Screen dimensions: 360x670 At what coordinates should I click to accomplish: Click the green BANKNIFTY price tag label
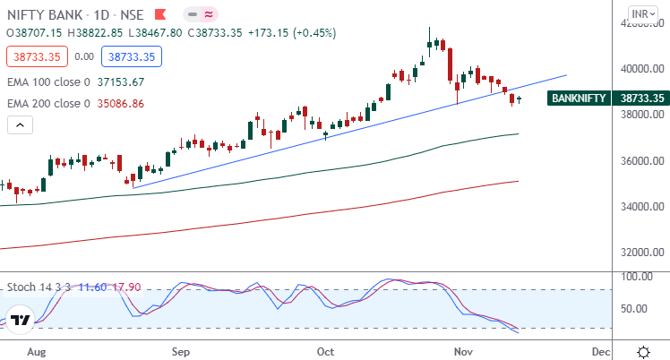[579, 99]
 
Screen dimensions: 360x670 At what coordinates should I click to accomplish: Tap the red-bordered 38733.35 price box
[33, 56]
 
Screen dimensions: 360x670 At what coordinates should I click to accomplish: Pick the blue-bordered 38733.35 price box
[132, 56]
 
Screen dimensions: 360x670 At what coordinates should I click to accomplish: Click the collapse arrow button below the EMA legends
[19, 124]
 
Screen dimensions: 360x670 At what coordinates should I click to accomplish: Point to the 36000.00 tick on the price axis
[641, 160]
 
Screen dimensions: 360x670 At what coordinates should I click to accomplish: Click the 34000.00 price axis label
[641, 207]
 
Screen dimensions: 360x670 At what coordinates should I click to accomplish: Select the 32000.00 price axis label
[641, 253]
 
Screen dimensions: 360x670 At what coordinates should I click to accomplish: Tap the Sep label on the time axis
[181, 351]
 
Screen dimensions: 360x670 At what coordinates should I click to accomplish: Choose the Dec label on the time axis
[601, 351]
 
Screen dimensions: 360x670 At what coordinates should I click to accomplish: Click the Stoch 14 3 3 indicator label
[39, 287]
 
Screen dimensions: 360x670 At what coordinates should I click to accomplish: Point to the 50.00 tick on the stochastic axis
[638, 308]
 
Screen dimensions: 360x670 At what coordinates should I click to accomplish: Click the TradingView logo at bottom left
[20, 319]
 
